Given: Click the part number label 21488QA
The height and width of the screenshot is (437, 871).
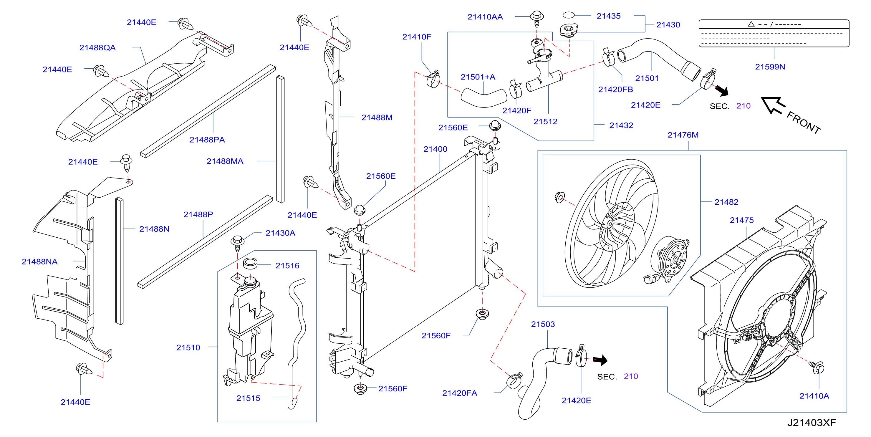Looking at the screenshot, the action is (97, 48).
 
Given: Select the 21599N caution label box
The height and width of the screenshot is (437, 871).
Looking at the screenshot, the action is (774, 33).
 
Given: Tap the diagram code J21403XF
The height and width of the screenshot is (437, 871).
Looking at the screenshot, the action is (812, 423).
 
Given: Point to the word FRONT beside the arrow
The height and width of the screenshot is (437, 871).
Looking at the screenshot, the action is (804, 123).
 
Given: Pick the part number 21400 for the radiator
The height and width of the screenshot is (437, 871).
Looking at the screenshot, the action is (435, 149).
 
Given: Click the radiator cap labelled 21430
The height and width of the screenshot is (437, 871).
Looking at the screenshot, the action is (568, 30).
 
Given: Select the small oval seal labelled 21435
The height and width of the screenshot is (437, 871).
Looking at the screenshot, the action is (568, 15).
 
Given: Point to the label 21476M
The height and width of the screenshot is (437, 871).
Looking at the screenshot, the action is (683, 135).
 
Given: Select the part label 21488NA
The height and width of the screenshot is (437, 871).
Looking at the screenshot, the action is (39, 262).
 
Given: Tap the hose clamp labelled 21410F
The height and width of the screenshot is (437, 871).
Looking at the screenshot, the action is (433, 79).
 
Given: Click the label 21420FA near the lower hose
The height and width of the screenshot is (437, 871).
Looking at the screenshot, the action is (460, 393).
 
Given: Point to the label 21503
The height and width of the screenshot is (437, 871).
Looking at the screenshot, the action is (543, 325).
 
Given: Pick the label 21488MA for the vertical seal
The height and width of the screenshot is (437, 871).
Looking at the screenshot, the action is (225, 161).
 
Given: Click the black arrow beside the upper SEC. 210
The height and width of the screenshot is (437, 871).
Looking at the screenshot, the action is (722, 90).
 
